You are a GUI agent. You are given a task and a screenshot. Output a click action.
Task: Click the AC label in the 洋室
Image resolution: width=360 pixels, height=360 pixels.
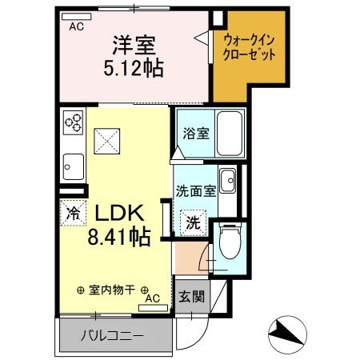coord(77,26)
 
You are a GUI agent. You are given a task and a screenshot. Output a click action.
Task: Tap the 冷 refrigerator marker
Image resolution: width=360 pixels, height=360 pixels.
coord(72,214)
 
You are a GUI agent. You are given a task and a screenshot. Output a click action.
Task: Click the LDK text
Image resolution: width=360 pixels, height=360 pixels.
coord(120,214)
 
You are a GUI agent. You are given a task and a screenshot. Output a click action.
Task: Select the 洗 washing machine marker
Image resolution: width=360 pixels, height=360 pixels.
coord(194,222)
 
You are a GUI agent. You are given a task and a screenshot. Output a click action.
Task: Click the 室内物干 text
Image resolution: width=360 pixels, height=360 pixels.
coord(111,290)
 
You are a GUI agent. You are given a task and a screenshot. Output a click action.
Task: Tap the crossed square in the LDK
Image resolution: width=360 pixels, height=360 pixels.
coord(106,142)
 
